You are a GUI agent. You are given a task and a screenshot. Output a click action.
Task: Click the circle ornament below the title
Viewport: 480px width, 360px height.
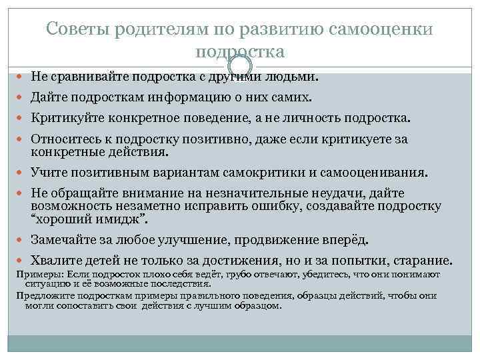coord(240,65)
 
